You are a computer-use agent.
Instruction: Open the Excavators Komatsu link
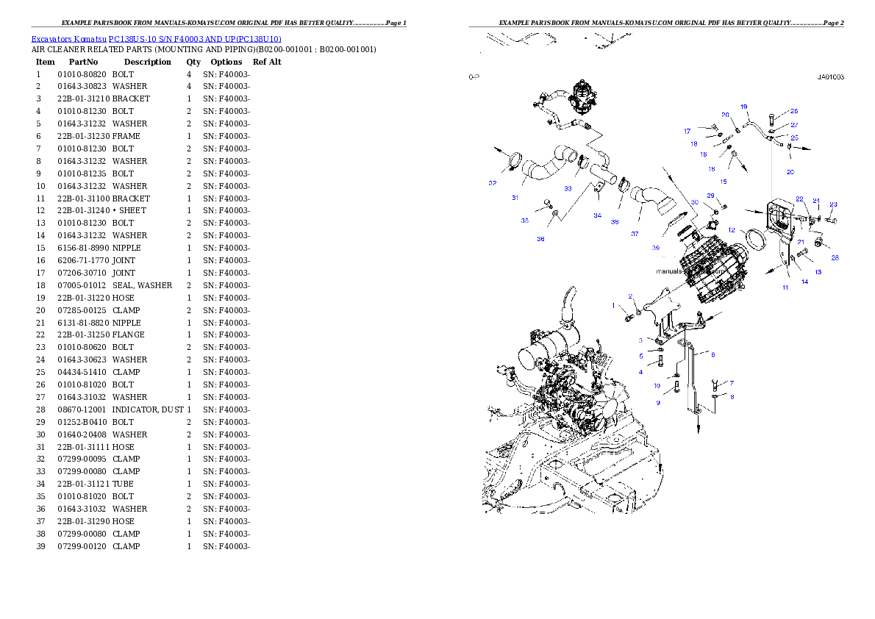(x=68, y=39)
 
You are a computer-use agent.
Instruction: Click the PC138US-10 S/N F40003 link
(x=195, y=39)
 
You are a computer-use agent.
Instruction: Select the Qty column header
(x=193, y=62)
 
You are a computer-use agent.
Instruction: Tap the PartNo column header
(x=83, y=62)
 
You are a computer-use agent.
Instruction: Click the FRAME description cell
(x=126, y=136)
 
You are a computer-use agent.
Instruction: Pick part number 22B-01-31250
(x=84, y=335)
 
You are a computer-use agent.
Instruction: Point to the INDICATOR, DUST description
(x=148, y=409)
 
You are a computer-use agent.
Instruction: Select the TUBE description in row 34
(x=123, y=484)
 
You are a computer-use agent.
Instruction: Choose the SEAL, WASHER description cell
(x=143, y=285)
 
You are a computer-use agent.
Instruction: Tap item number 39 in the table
(x=40, y=546)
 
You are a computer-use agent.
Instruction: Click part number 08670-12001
(x=82, y=409)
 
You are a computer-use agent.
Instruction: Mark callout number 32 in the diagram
(x=492, y=183)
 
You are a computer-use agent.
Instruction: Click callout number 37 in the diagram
(x=635, y=234)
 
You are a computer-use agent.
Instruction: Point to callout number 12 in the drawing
(x=732, y=230)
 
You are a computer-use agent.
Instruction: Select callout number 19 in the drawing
(x=744, y=107)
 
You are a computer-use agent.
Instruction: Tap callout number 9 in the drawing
(x=658, y=402)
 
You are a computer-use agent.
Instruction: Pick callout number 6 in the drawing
(x=713, y=354)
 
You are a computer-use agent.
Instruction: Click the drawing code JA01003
(x=831, y=77)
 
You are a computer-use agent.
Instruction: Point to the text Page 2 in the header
(x=833, y=23)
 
